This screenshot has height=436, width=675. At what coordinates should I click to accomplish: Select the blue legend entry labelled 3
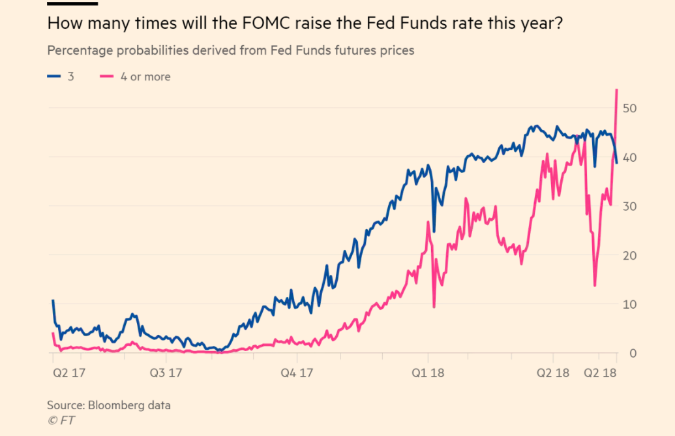tap(62, 76)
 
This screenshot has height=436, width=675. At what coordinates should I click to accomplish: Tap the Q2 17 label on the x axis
tap(67, 373)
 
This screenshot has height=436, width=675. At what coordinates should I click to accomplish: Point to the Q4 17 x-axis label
tap(297, 373)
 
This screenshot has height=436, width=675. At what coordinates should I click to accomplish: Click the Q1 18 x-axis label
tap(428, 373)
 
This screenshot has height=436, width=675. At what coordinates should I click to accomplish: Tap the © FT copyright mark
tap(61, 420)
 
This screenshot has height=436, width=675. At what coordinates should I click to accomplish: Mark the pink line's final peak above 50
tap(616, 90)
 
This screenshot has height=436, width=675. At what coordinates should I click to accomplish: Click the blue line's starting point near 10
tap(53, 301)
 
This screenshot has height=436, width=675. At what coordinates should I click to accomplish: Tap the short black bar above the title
tap(72, 4)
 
